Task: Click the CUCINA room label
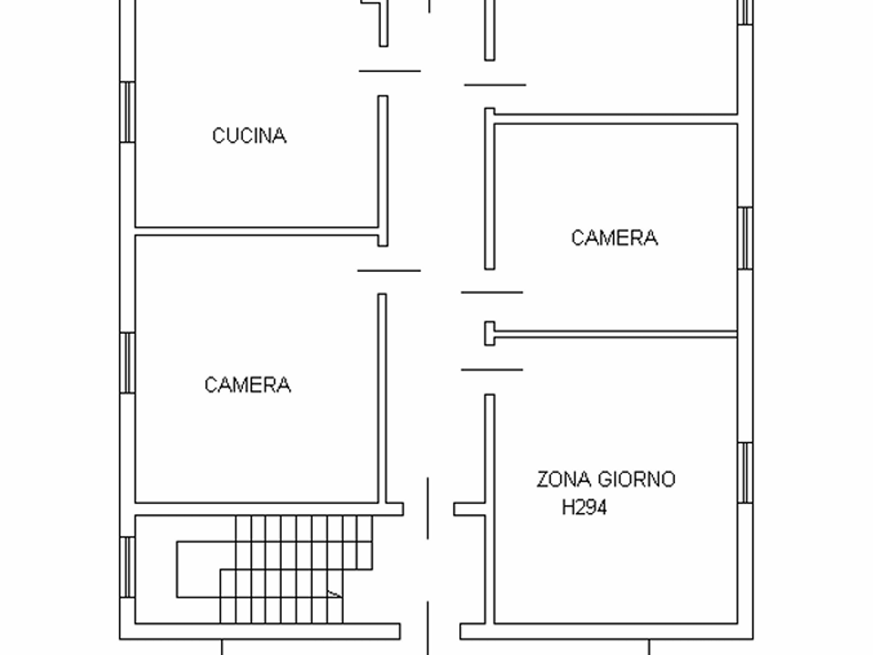tap(249, 136)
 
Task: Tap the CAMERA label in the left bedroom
tap(247, 385)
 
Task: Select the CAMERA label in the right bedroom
tap(615, 237)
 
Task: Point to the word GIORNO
tap(637, 479)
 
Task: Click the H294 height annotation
tap(584, 508)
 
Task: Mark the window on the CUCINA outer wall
tap(127, 112)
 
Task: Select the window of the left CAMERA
tap(127, 363)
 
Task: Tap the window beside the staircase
tap(127, 567)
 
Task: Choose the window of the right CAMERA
tap(746, 238)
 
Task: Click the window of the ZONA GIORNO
tap(746, 473)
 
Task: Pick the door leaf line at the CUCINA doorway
tap(390, 71)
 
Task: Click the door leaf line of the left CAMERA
tap(388, 271)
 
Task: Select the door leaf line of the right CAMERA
tap(492, 292)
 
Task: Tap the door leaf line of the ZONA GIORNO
tap(492, 369)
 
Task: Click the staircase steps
tap(275, 569)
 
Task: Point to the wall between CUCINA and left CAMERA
tap(256, 231)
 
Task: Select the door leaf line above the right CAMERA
tap(495, 86)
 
